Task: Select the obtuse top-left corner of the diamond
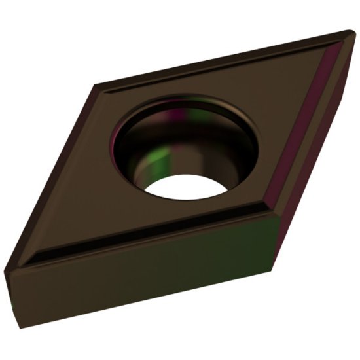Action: [95, 84]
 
